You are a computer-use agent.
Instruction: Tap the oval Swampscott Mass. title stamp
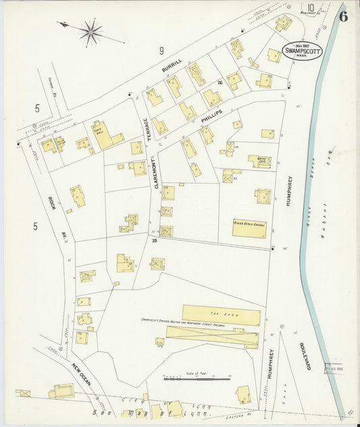pos(302,51)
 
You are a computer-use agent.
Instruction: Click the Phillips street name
pos(211,116)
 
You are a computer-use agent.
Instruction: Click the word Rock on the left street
pos(51,203)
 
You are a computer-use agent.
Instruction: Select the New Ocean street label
pos(82,376)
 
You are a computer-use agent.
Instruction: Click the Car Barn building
pos(221,315)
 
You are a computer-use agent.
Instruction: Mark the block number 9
pos(161,51)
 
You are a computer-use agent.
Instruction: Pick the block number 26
pos(220,83)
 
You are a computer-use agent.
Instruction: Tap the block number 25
pos(154,240)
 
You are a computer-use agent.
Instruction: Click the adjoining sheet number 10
pos(310,9)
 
